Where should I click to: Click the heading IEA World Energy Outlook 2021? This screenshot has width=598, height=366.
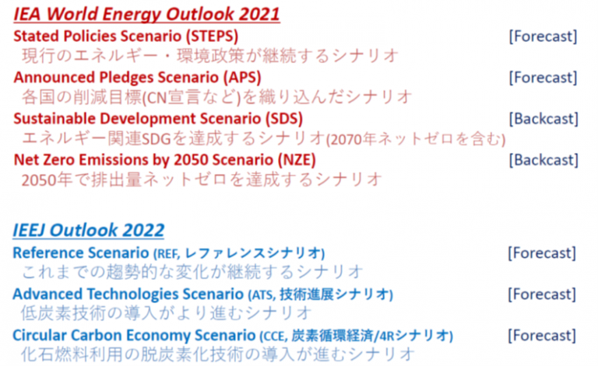pos(147,14)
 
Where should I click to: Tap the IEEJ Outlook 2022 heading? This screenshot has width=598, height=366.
pos(89,230)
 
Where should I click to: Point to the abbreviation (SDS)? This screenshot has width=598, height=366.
pos(284,118)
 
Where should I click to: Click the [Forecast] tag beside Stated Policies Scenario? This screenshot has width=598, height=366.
pos(543,37)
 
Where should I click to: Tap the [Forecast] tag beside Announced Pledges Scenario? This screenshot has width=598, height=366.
pos(543,78)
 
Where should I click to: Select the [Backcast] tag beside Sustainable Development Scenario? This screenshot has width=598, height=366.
pos(543,119)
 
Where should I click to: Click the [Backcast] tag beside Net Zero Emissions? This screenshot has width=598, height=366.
pos(543,160)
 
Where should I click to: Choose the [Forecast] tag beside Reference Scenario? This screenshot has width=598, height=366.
pos(542,253)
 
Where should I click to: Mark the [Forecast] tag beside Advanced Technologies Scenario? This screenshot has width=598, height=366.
pos(542,294)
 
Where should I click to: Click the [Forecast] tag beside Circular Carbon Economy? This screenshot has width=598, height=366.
pos(542,335)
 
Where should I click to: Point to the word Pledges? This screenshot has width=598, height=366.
pos(127,78)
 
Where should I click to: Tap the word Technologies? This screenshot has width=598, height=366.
pos(132,294)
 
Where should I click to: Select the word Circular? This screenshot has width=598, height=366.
pos(40,335)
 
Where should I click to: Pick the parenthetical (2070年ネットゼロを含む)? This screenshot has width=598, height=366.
pos(416,139)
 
